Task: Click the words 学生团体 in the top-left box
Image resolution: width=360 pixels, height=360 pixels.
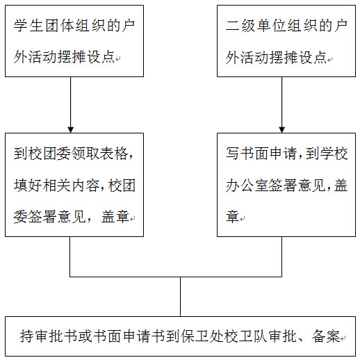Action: pyautogui.click(x=43, y=25)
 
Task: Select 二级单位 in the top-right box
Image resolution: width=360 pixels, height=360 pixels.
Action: pyautogui.click(x=255, y=25)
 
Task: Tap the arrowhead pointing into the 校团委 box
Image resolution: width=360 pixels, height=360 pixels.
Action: pyautogui.click(x=71, y=130)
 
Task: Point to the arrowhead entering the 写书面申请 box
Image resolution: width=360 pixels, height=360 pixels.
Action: pyautogui.click(x=281, y=130)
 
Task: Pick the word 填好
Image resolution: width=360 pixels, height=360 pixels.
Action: pyautogui.click(x=28, y=186)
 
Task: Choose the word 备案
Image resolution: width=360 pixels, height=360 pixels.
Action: pyautogui.click(x=326, y=336)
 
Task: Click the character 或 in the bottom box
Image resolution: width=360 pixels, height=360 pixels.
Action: pyautogui.click(x=85, y=336)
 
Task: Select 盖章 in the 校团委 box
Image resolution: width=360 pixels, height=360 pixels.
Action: pyautogui.click(x=115, y=217)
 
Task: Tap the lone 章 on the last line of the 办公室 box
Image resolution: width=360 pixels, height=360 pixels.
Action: pyautogui.click(x=232, y=217)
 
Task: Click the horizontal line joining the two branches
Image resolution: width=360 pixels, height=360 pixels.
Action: pyautogui.click(x=176, y=277)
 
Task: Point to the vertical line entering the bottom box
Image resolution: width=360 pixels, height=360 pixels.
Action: pyautogui.click(x=180, y=297)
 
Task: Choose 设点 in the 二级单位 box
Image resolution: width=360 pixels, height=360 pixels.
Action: pyautogui.click(x=313, y=57)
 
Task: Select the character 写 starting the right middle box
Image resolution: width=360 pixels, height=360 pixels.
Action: pyautogui.click(x=232, y=154)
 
